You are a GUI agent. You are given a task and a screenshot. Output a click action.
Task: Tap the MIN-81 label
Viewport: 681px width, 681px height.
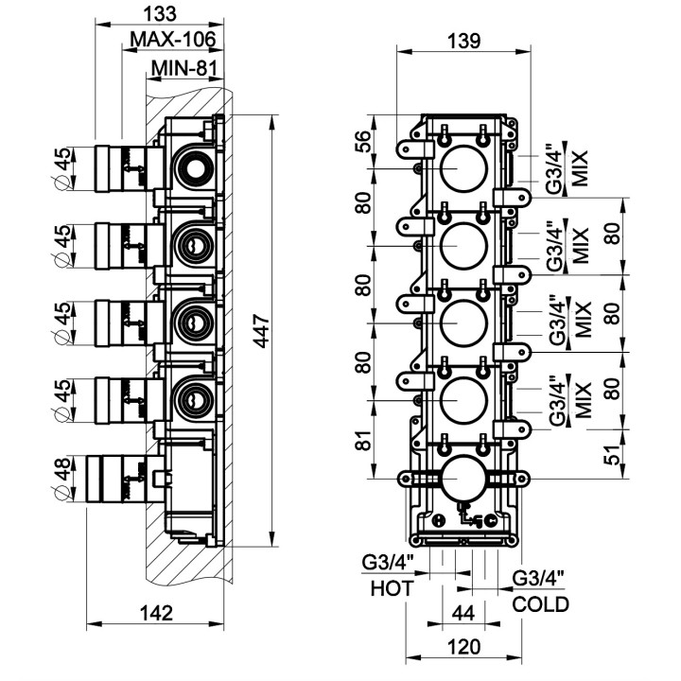pyautogui.click(x=185, y=68)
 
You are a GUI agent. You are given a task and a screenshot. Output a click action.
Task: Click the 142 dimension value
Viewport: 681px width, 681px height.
pyautogui.click(x=156, y=612)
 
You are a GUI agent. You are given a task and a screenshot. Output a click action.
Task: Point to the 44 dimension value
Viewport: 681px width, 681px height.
pyautogui.click(x=463, y=613)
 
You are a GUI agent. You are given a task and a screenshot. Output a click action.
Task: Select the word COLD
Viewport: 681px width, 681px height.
pyautogui.click(x=541, y=604)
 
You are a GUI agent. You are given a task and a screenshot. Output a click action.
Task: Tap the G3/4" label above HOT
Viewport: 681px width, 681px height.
pyautogui.click(x=388, y=564)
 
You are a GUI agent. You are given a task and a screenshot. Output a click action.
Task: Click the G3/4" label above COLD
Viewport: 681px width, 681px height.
pyautogui.click(x=538, y=578)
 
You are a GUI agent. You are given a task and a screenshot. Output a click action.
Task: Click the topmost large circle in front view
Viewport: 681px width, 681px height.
pyautogui.click(x=464, y=168)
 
